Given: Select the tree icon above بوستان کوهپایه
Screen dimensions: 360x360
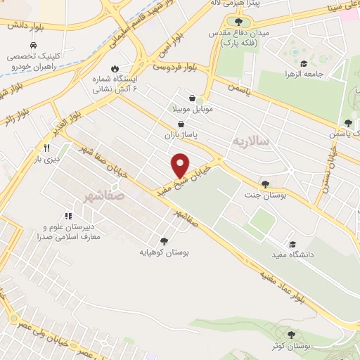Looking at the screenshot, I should tap(165, 240).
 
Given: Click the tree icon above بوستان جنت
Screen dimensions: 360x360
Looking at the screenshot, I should tap(265, 184).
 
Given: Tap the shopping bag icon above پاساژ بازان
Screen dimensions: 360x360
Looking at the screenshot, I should tap(181, 123).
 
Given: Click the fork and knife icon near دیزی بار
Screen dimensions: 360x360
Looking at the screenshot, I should tap(46, 148).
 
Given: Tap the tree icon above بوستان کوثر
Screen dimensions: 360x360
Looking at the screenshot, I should tap(292, 335).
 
